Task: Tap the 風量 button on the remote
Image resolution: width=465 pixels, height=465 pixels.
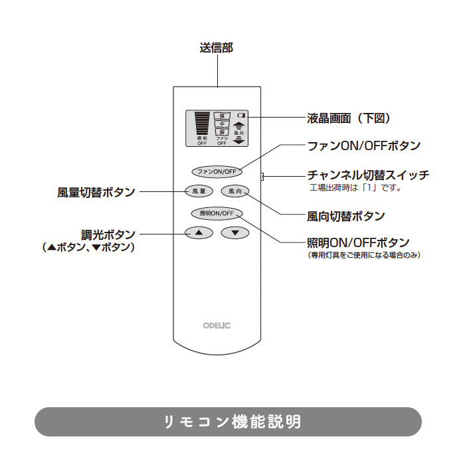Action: (199, 191)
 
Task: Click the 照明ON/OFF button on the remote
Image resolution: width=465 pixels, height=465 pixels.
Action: (217, 213)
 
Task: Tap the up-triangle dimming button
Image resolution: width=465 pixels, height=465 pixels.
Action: (199, 232)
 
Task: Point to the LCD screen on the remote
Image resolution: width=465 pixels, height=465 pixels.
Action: (217, 128)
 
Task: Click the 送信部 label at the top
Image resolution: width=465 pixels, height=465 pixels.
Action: (217, 48)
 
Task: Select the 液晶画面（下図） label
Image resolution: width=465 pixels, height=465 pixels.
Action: (348, 118)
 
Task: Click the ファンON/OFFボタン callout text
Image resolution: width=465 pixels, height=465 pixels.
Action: (363, 145)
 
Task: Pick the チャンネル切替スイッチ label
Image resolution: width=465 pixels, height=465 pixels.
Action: (368, 175)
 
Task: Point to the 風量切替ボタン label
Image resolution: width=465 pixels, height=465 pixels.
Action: (96, 192)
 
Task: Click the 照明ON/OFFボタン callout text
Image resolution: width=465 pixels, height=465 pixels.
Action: (359, 242)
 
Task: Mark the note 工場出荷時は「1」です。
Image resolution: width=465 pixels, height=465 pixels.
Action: (356, 188)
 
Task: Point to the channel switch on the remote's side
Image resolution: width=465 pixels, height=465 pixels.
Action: (263, 176)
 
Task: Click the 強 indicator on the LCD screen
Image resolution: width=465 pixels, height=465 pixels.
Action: (222, 116)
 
